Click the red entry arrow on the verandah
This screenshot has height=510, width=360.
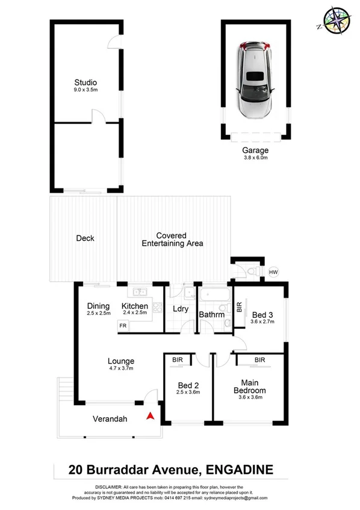(151, 415)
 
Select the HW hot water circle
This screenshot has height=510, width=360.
(273, 272)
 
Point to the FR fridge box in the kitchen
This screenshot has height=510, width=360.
(123, 326)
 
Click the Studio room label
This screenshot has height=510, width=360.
(85, 82)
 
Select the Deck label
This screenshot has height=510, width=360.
(85, 238)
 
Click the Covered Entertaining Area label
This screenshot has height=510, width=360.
(172, 240)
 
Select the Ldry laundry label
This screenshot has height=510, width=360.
(181, 309)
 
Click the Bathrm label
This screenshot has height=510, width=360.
(212, 314)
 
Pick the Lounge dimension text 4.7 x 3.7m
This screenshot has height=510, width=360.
(120, 368)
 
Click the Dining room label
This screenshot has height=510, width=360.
(98, 306)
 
